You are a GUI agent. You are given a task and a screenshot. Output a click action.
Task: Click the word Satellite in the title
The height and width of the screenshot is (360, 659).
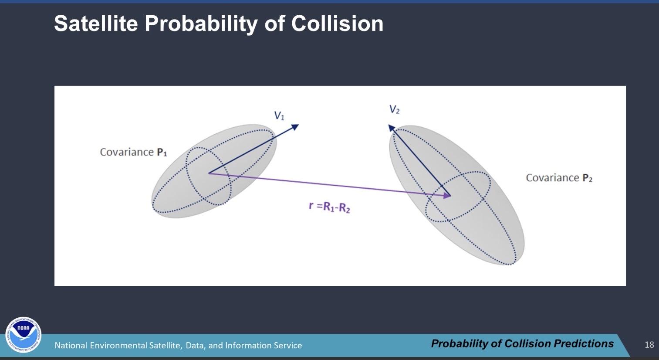pyautogui.click(x=96, y=23)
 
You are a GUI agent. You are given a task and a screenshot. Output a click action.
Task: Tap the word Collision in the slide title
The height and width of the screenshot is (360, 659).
pyautogui.click(x=337, y=23)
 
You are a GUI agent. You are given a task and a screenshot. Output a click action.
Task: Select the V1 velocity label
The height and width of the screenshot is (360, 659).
pyautogui.click(x=279, y=115)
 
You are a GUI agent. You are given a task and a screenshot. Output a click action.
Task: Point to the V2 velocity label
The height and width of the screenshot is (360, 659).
pyautogui.click(x=395, y=109)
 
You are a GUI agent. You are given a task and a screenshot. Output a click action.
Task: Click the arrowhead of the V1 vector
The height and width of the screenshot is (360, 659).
pyautogui.click(x=295, y=127)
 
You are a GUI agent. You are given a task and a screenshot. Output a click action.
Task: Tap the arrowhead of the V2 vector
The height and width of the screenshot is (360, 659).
pyautogui.click(x=392, y=128)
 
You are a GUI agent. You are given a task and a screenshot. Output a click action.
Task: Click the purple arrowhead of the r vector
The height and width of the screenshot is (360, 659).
pyautogui.click(x=447, y=195)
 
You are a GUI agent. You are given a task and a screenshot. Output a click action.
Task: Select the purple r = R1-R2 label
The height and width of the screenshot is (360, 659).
pyautogui.click(x=329, y=207)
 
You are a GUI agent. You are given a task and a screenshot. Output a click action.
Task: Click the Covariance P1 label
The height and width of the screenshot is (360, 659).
pyautogui.click(x=134, y=152)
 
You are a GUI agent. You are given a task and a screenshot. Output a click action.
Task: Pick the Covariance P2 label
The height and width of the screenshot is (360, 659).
pyautogui.click(x=559, y=178)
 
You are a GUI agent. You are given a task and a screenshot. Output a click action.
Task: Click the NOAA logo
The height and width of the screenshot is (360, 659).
pyautogui.click(x=23, y=335)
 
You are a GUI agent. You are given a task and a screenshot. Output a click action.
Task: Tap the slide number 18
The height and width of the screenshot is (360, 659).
pyautogui.click(x=649, y=345)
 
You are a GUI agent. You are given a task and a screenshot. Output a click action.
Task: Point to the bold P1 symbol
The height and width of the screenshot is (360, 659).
pyautogui.click(x=162, y=152)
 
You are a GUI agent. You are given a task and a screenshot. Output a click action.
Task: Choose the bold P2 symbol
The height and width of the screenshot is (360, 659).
pyautogui.click(x=587, y=178)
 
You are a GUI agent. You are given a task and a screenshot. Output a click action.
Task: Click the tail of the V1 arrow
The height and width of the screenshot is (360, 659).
pyautogui.click(x=209, y=173)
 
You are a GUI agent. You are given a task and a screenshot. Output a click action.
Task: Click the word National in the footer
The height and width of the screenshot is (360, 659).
pyautogui.click(x=71, y=345)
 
